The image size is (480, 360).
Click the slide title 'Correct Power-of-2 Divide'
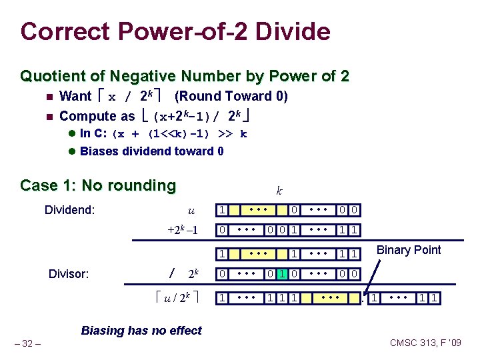tap(175, 31)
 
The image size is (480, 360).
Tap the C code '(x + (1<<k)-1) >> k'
tap(180, 133)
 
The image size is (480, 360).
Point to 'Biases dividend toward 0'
tap(151, 151)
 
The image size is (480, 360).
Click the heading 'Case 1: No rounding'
tap(98, 185)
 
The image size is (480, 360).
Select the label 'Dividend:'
tap(69, 211)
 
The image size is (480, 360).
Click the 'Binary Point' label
tap(409, 250)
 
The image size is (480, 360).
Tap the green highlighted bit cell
tap(282, 274)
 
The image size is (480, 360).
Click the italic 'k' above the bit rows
tap(279, 191)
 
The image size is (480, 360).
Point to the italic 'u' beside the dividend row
tap(191, 211)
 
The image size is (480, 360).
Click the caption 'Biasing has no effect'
tap(141, 330)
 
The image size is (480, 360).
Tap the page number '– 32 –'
tap(29, 343)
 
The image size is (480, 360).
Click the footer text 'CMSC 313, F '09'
tap(425, 343)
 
